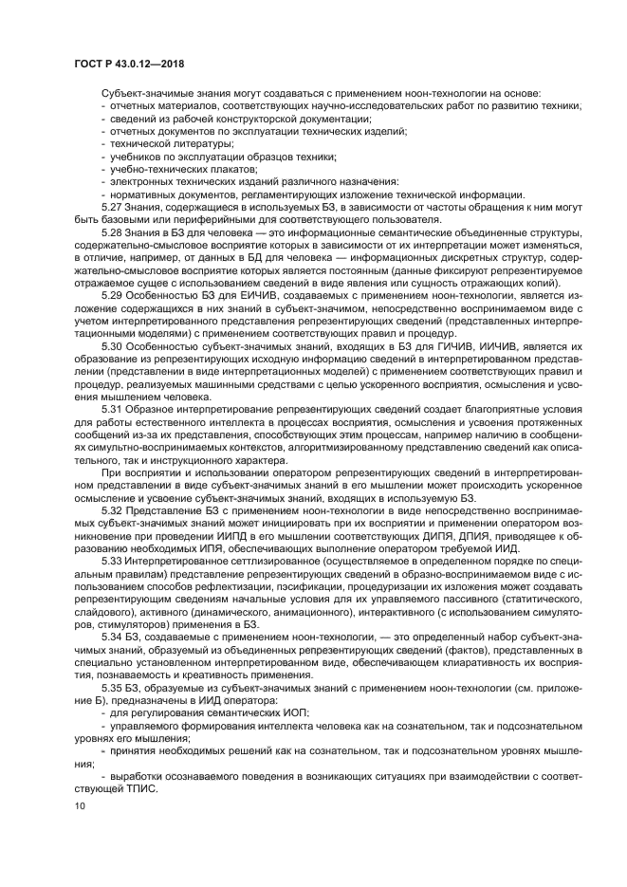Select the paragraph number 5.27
112,207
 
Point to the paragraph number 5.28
112,231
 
